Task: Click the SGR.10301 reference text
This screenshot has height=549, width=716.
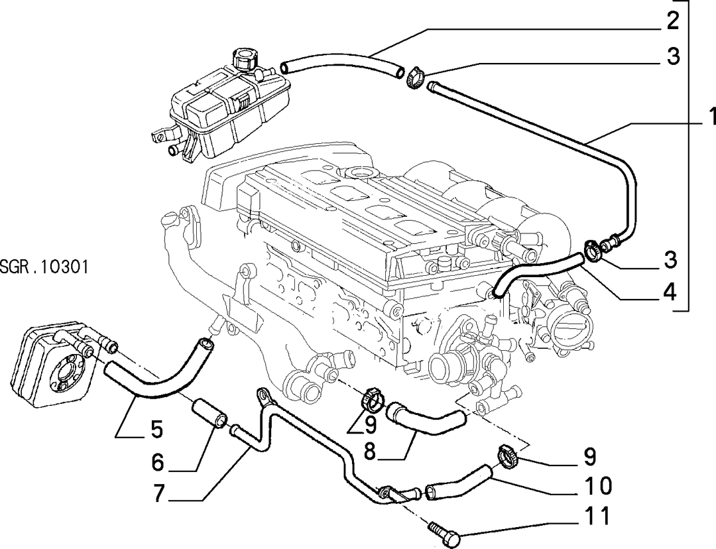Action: [44, 267]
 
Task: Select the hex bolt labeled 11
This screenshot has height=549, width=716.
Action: [444, 535]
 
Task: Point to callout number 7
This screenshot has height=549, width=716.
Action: [158, 494]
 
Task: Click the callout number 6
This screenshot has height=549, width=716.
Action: [158, 462]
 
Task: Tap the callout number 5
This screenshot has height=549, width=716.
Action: [156, 430]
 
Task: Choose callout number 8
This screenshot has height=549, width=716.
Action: [371, 452]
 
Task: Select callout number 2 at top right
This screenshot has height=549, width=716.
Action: [673, 21]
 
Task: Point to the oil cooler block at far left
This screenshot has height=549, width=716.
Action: [51, 364]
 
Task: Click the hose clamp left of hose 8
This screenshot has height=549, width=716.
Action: [371, 397]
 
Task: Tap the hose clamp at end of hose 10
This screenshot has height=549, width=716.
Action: [507, 456]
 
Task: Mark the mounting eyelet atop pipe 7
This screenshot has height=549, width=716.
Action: [263, 394]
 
